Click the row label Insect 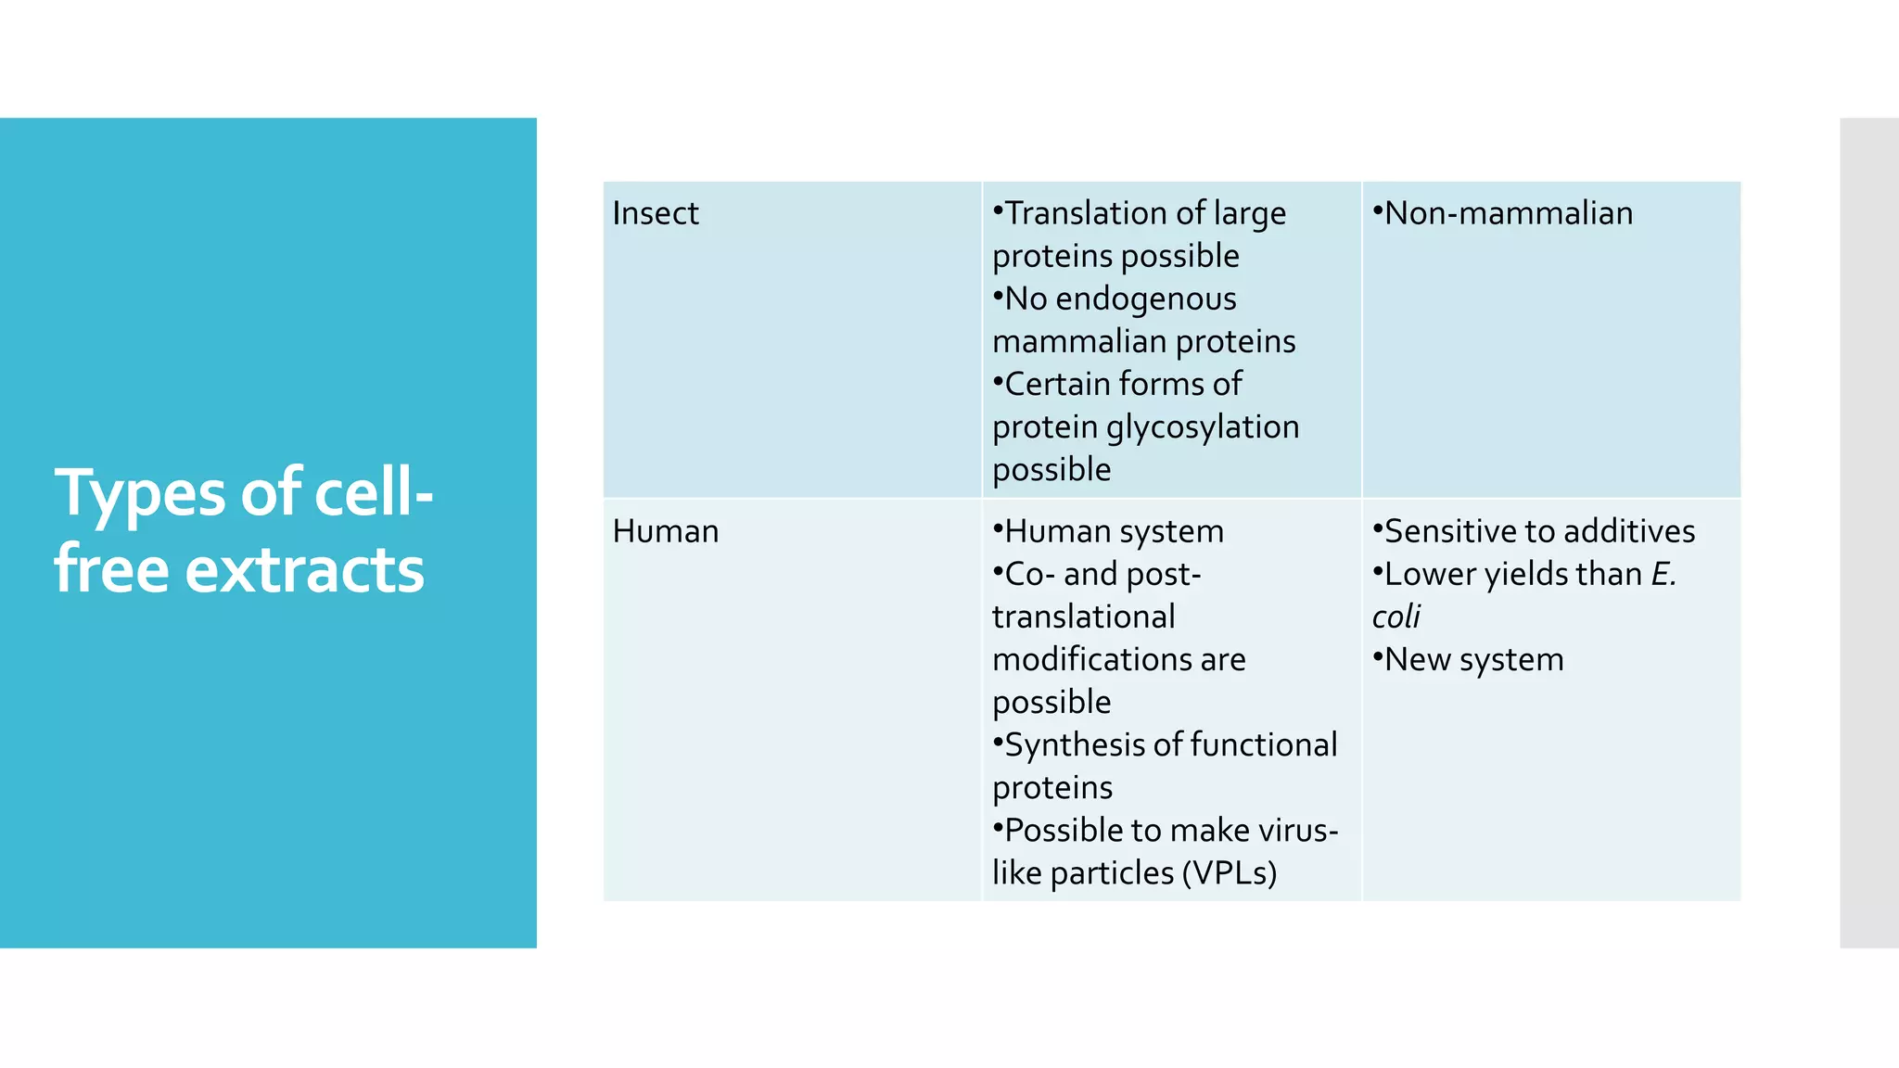(x=656, y=213)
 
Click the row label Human (x=666, y=531)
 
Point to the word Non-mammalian (x=1509, y=213)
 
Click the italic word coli (x=1396, y=617)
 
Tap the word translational (x=1083, y=617)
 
